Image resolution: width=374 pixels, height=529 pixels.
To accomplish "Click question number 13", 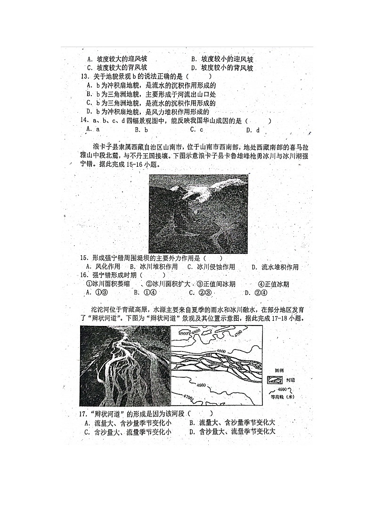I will [84, 76].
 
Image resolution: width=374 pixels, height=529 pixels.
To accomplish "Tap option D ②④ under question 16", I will [254, 292].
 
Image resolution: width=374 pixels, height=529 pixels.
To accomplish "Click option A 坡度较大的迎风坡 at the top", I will [117, 59].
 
